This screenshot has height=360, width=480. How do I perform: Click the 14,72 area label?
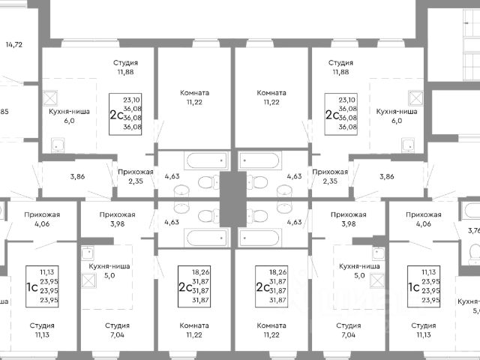[x=13, y=45]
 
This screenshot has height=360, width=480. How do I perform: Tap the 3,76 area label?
[x=472, y=232]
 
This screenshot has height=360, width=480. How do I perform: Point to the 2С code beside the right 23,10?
[x=331, y=115]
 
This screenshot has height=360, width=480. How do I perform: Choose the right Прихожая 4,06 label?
[x=424, y=220]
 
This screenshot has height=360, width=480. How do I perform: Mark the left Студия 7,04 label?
[x=116, y=330]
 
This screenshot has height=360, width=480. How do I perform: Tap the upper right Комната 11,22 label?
[x=271, y=98]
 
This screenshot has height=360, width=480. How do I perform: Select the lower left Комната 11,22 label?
[x=194, y=330]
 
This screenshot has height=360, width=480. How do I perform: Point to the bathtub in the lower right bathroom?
[x=270, y=237]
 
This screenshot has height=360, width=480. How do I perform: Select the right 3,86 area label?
[x=387, y=177]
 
